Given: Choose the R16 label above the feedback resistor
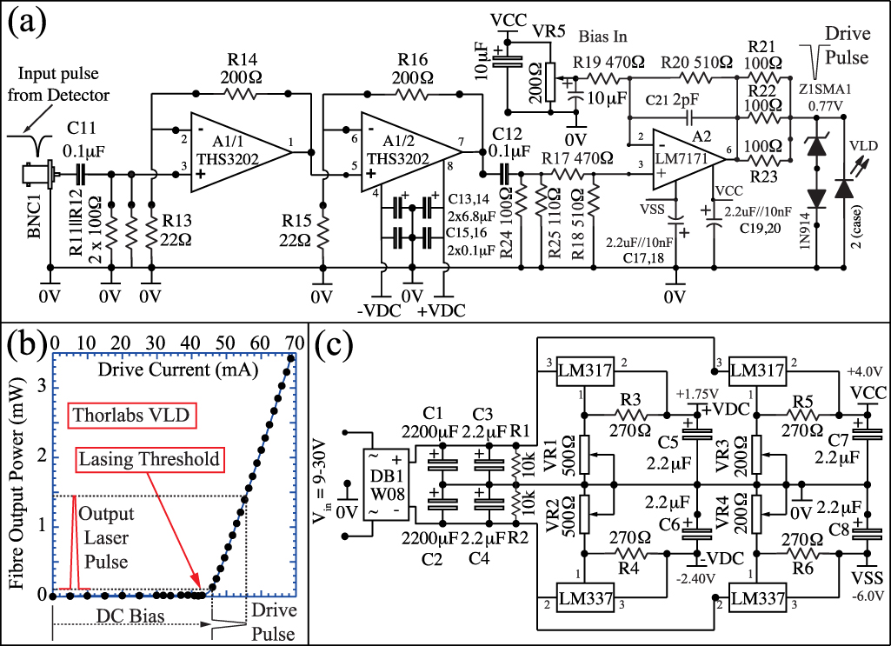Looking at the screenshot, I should [412, 59].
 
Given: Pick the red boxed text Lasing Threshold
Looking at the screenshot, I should [147, 458].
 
